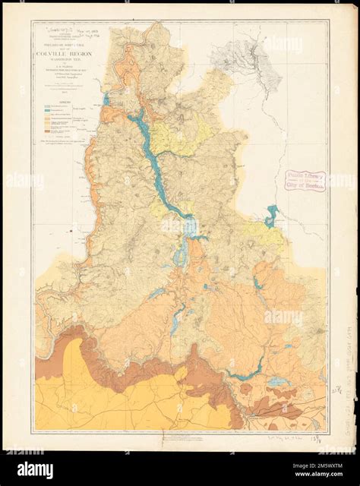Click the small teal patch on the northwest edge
pyautogui.click(x=106, y=99)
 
